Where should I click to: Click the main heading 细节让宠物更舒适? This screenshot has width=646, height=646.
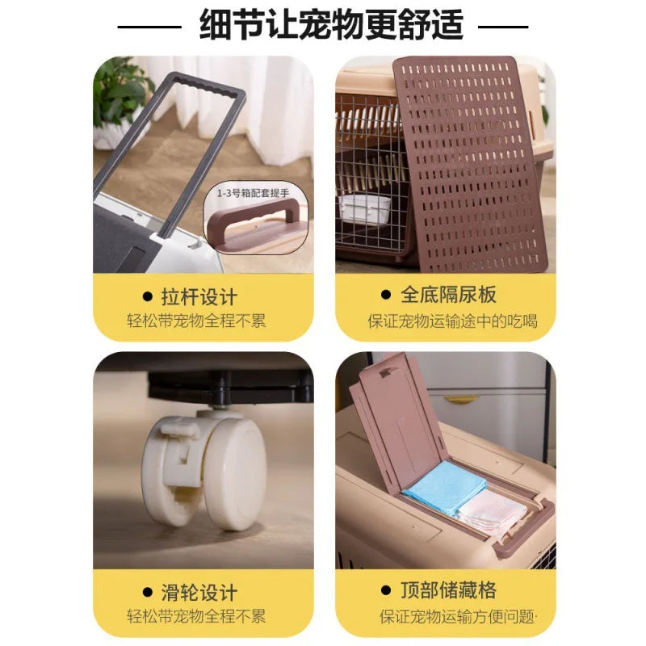tap(332, 26)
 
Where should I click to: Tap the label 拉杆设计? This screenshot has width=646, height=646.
tap(199, 297)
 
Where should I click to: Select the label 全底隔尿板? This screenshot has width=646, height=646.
tap(448, 295)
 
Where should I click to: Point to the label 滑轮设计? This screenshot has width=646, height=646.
tap(199, 593)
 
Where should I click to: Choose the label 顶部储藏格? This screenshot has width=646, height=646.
tap(448, 590)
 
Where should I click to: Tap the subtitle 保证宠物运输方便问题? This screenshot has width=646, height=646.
tap(456, 617)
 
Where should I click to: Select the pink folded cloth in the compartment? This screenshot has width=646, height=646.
tap(493, 512)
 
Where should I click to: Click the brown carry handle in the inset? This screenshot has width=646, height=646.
tap(255, 221)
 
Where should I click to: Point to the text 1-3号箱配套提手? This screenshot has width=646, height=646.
tap(253, 193)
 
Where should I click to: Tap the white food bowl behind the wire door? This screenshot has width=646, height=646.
tap(365, 209)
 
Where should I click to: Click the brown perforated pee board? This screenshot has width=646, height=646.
tap(470, 164)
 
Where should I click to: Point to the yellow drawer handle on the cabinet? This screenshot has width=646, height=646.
tap(461, 399)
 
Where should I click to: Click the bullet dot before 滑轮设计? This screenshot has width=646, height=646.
tap(148, 592)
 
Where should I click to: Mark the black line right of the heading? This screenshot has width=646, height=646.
tap(503, 27)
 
